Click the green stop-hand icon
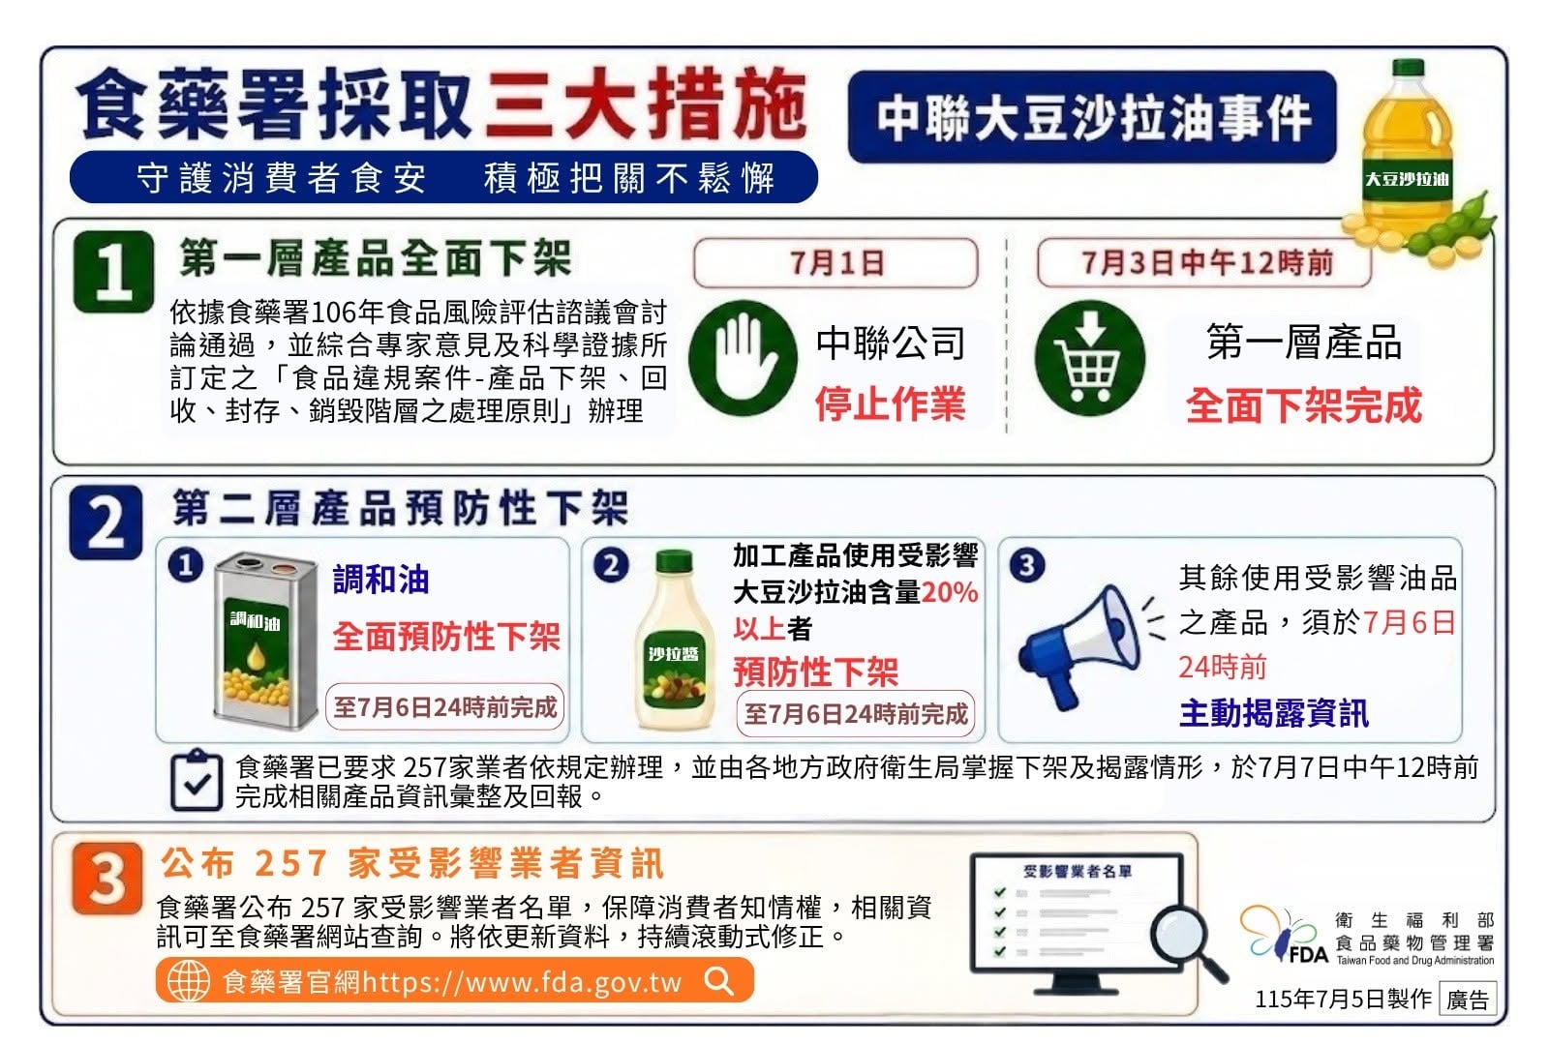[744, 358]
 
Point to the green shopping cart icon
[1090, 358]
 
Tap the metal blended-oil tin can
[265, 641]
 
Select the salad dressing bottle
[675, 641]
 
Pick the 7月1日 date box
[836, 262]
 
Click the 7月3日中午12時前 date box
[1204, 262]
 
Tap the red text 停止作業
[890, 403]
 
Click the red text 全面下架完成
[1303, 405]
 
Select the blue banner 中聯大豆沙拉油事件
[1093, 117]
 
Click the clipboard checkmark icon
[197, 780]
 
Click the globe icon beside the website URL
[188, 981]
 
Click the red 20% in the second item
[950, 592]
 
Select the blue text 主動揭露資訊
[1274, 713]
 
